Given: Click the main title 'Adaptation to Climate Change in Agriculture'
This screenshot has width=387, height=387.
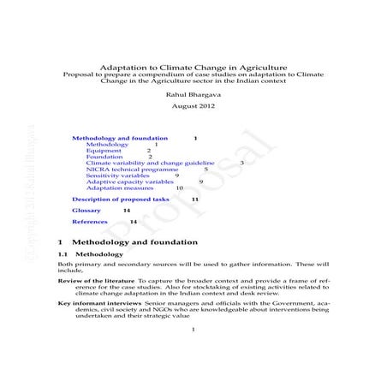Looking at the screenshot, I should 193,66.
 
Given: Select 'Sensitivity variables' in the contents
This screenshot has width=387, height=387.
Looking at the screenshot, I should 124,176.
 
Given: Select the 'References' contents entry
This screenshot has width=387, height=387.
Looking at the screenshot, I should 89,222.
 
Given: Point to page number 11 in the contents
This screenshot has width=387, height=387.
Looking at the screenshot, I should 195,199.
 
